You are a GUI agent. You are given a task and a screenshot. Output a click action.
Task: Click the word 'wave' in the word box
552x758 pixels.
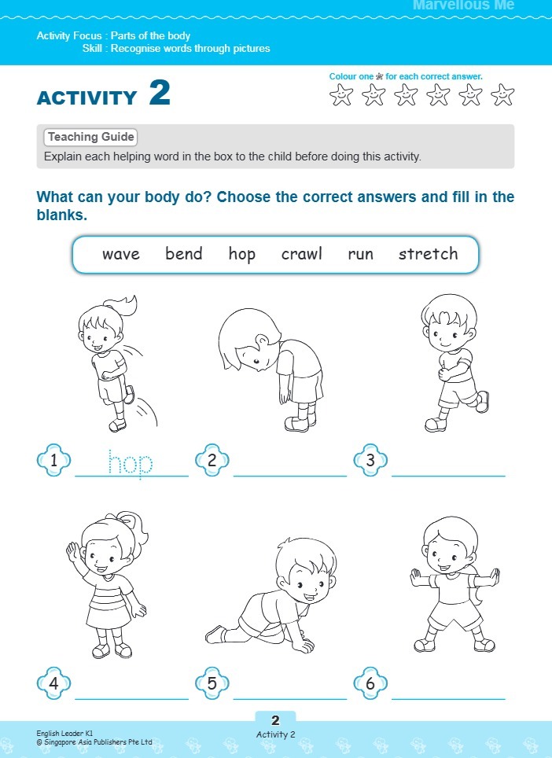coord(120,254)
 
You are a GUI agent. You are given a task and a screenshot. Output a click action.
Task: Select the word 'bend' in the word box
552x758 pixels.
coord(184,254)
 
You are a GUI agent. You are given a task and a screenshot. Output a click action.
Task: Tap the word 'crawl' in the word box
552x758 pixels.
coord(302,254)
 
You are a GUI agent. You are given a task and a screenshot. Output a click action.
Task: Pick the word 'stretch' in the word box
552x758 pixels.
coord(428,254)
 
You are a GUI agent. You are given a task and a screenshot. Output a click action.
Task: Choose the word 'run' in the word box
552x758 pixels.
coord(361,255)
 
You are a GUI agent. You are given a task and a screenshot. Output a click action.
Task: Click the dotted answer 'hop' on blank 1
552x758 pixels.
coord(131,464)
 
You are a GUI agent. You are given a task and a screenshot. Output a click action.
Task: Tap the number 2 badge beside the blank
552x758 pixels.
coord(212,462)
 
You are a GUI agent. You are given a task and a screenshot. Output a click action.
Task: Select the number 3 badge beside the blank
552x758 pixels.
coord(370,462)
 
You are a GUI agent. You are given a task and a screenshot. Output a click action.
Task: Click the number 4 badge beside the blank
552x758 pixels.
coord(53,684)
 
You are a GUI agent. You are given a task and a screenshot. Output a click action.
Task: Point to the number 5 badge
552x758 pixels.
coord(212,684)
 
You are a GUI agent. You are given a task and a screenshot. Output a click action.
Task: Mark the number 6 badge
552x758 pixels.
coord(370,684)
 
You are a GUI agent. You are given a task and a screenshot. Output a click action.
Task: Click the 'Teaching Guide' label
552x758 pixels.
coord(90,137)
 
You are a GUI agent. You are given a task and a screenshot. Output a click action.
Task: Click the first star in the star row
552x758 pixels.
coord(341,96)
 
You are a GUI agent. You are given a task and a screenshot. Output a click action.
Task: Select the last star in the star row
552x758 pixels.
coord(502,96)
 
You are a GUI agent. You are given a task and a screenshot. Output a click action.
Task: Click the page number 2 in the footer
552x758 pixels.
coord(275,720)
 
